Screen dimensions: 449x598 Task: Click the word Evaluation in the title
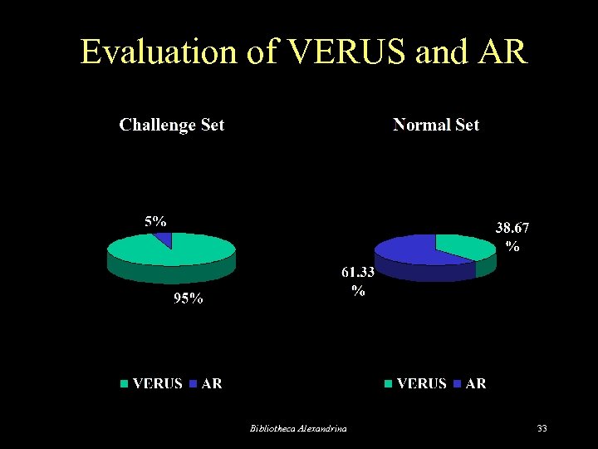[159, 52]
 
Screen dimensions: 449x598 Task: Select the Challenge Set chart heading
[172, 125]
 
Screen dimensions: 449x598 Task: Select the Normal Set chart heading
[436, 125]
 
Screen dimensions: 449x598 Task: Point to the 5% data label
[155, 221]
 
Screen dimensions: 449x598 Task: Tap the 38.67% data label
[512, 236]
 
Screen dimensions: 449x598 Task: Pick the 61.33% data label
[358, 281]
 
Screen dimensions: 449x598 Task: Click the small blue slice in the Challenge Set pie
[163, 239]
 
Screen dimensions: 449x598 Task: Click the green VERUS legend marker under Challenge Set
[125, 384]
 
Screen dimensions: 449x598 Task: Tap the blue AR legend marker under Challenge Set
[194, 384]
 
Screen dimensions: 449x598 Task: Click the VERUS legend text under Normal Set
[421, 384]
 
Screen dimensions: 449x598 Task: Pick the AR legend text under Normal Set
[476, 384]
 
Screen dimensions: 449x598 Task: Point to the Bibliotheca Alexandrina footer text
[299, 428]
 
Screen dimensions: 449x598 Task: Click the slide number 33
[542, 428]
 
